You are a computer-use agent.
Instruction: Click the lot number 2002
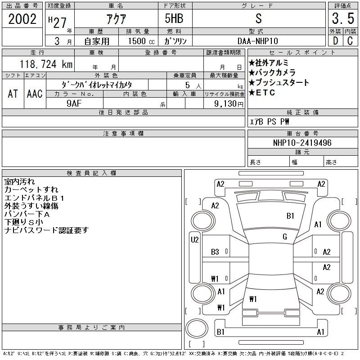22,19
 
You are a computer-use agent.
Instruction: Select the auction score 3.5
343,18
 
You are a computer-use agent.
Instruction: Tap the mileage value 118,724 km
46,64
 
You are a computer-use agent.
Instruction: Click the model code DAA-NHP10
257,41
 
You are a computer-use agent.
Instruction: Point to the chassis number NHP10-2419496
302,143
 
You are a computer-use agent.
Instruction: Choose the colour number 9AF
74,103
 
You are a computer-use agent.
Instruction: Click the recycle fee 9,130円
229,104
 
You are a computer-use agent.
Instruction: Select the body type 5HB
174,18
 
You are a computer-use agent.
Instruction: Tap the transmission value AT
13,94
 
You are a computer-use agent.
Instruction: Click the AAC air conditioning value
35,94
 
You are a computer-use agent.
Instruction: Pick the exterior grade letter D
335,41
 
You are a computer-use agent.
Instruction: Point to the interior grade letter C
350,41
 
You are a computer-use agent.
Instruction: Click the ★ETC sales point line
262,93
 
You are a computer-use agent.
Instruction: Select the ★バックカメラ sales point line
272,72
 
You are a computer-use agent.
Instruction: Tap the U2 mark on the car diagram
195,240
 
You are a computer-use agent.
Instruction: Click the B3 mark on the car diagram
215,252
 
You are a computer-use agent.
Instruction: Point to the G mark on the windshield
285,237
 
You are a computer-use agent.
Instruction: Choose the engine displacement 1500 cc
141,41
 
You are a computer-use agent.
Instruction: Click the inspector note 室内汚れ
19,182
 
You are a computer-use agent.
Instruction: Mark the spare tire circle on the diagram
197,328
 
